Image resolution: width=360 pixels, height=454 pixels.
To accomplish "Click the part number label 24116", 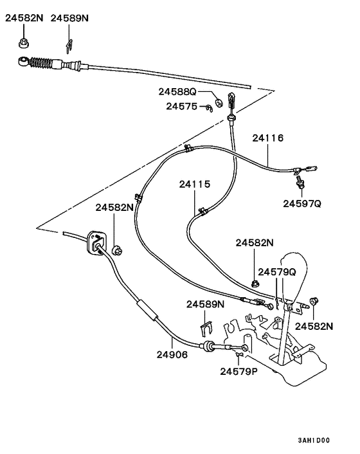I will click(267, 138).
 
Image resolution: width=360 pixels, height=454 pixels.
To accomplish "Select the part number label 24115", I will click(195, 184).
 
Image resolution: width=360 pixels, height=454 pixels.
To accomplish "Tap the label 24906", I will click(172, 354).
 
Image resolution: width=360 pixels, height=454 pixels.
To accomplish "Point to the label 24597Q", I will click(301, 203).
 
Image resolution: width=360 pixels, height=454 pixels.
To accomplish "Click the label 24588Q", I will click(177, 92).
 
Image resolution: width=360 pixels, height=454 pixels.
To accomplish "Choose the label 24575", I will click(181, 106).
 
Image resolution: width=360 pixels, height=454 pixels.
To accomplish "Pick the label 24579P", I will click(239, 370).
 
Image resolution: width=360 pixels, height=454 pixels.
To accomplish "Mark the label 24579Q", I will click(277, 272).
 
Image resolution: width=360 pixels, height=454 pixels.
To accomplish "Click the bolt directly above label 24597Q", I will click(299, 185).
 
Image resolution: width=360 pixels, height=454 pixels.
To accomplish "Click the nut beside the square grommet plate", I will click(117, 250).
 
